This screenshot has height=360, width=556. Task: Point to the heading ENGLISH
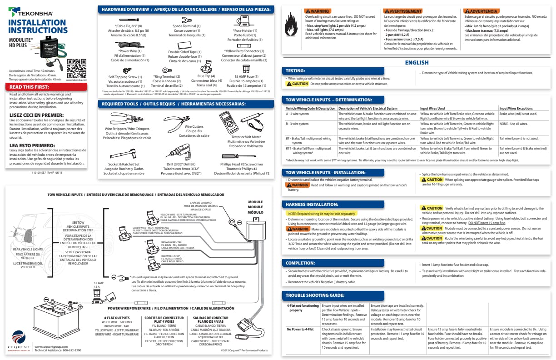pyautogui.click(x=417, y=63)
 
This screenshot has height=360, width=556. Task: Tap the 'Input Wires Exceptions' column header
pyautogui.click(x=517, y=109)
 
